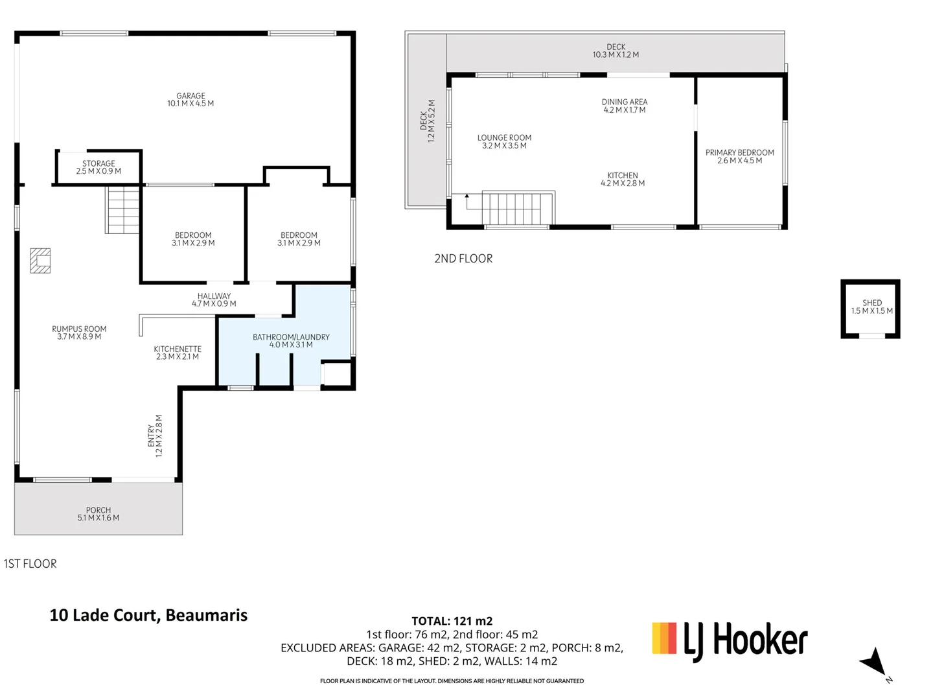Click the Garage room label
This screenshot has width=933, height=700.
(x=190, y=99)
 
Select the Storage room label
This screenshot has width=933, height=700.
(x=98, y=167)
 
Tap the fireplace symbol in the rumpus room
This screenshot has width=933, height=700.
(x=40, y=261)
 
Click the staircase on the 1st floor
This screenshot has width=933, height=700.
(x=122, y=209)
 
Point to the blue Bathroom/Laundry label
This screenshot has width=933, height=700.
(x=291, y=340)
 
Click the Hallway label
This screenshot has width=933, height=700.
(x=214, y=299)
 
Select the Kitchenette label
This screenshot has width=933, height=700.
(x=178, y=353)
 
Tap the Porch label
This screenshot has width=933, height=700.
(x=98, y=514)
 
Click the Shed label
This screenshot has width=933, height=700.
(x=871, y=307)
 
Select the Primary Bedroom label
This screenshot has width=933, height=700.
(x=739, y=156)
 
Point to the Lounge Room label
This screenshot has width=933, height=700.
(x=504, y=141)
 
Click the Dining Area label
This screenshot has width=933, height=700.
(x=624, y=106)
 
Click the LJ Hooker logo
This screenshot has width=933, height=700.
(x=730, y=640)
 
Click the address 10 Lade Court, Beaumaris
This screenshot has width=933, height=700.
(x=148, y=614)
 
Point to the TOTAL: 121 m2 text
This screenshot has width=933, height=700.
(x=452, y=621)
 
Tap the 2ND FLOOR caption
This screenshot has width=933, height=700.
(x=463, y=259)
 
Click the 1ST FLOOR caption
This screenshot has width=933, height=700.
(x=30, y=564)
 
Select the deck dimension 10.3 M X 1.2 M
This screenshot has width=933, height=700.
(x=616, y=55)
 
